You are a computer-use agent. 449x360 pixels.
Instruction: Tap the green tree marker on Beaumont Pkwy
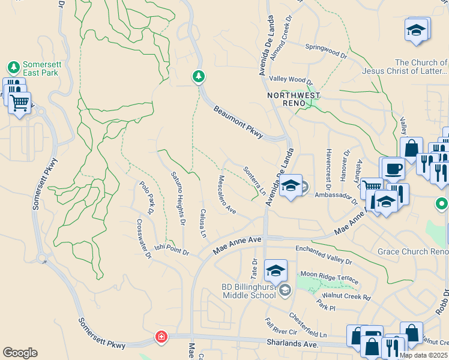coord(198,77)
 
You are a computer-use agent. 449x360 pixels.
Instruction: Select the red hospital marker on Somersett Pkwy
coord(161,337)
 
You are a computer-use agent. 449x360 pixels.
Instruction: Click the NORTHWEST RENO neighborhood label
coord(294,95)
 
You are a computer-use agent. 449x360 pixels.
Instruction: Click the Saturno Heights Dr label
coord(178,197)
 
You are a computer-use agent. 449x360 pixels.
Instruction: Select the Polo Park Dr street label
coord(147,198)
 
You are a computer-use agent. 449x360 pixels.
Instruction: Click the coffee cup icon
coord(393,169)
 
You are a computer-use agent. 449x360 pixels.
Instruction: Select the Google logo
coord(20,352)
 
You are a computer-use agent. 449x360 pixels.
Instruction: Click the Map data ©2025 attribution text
coord(423,355)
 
